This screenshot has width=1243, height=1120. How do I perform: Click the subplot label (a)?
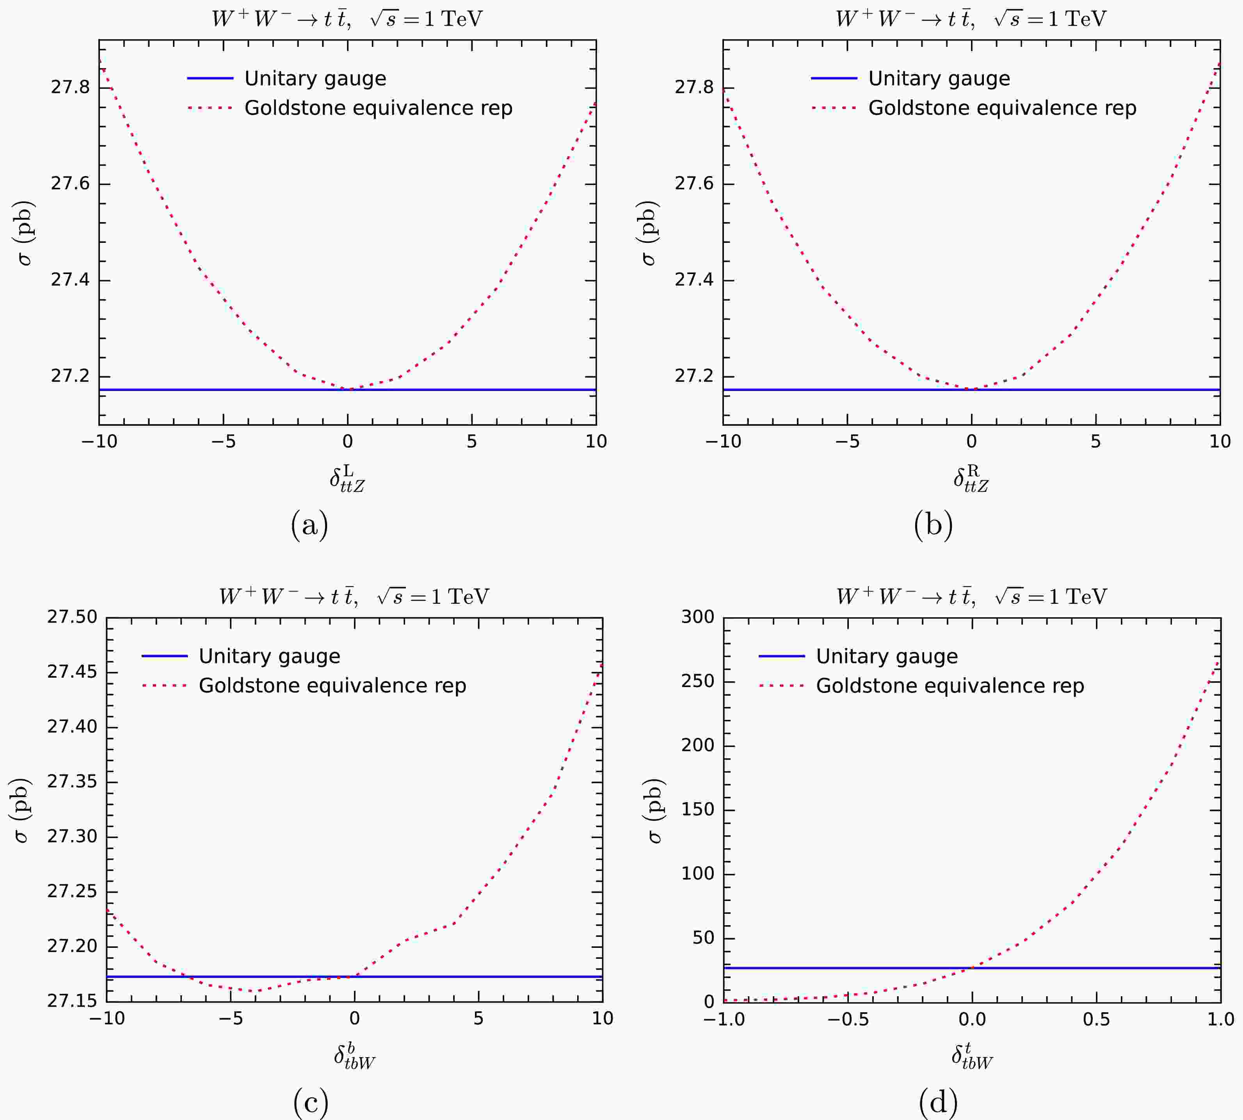(x=309, y=525)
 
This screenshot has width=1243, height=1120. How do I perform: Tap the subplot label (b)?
(x=933, y=525)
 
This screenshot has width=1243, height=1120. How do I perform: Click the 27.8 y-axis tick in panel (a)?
(x=70, y=87)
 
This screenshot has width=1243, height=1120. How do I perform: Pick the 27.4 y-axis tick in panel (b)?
(x=694, y=280)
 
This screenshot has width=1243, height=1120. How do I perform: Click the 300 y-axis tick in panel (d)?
(x=697, y=617)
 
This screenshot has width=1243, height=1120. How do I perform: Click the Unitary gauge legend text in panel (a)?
(x=315, y=79)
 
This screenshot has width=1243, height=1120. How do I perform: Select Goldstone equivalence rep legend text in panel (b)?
(x=1002, y=108)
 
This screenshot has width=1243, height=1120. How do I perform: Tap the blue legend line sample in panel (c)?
(x=164, y=656)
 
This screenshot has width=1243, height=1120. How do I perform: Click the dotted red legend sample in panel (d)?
(x=782, y=686)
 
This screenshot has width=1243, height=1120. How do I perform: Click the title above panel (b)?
(x=971, y=18)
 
